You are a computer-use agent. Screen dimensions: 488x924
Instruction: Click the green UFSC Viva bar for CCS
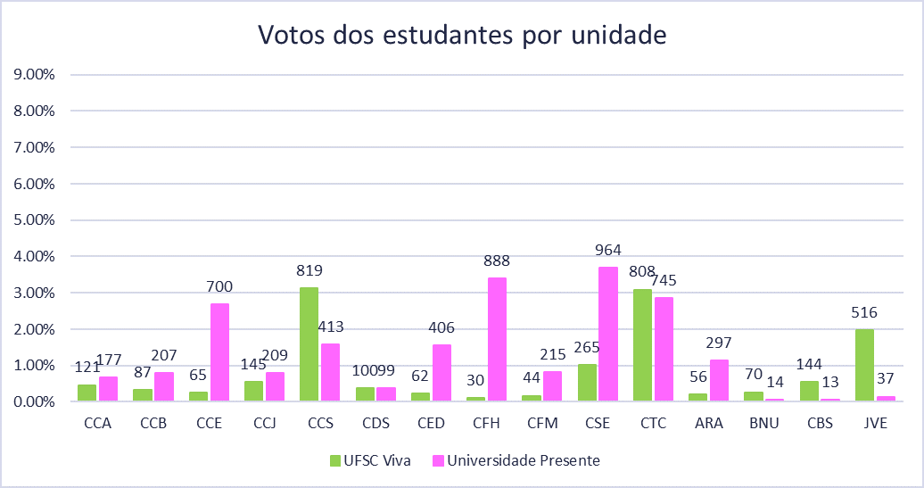(x=309, y=344)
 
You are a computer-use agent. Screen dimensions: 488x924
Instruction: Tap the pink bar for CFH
(x=497, y=339)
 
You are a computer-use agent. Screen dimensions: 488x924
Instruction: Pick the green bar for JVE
(x=864, y=365)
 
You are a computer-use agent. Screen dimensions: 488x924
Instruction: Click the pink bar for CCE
(x=219, y=352)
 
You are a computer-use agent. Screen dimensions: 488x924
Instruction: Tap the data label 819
(x=309, y=270)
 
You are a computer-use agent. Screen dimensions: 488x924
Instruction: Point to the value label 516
(x=864, y=312)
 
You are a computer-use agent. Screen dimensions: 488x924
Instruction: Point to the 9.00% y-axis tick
(x=35, y=75)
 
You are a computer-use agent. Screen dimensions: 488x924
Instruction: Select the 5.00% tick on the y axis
(x=35, y=220)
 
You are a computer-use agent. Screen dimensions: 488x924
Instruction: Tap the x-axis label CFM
(x=541, y=424)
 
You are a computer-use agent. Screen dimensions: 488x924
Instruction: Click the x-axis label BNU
(x=763, y=424)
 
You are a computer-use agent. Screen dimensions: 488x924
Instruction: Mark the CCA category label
(x=97, y=424)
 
